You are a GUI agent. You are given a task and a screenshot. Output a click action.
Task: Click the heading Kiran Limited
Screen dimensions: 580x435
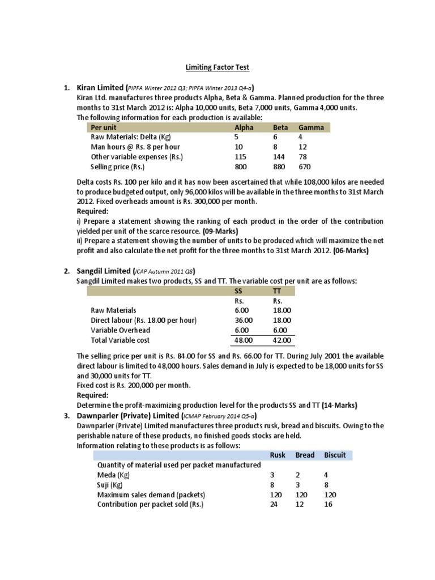tap(100, 88)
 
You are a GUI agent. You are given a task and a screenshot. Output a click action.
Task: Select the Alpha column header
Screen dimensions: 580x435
tap(244, 127)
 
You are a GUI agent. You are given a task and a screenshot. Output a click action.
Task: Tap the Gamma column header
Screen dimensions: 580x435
tap(311, 127)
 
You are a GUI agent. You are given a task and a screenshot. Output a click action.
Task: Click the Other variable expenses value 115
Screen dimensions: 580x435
tap(241, 157)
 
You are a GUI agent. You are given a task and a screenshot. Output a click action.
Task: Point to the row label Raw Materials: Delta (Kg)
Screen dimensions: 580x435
tap(131, 137)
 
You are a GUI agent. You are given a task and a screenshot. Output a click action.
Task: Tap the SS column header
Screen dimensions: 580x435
tap(238, 291)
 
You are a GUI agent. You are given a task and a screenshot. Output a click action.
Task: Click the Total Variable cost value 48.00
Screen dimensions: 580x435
tap(244, 340)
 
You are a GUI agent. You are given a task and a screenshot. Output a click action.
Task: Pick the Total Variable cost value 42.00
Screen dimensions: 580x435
tap(282, 340)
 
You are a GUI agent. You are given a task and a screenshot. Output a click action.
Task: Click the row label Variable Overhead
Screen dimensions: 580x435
tap(121, 330)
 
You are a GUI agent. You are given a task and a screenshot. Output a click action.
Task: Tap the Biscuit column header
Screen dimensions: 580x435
tap(335, 455)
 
